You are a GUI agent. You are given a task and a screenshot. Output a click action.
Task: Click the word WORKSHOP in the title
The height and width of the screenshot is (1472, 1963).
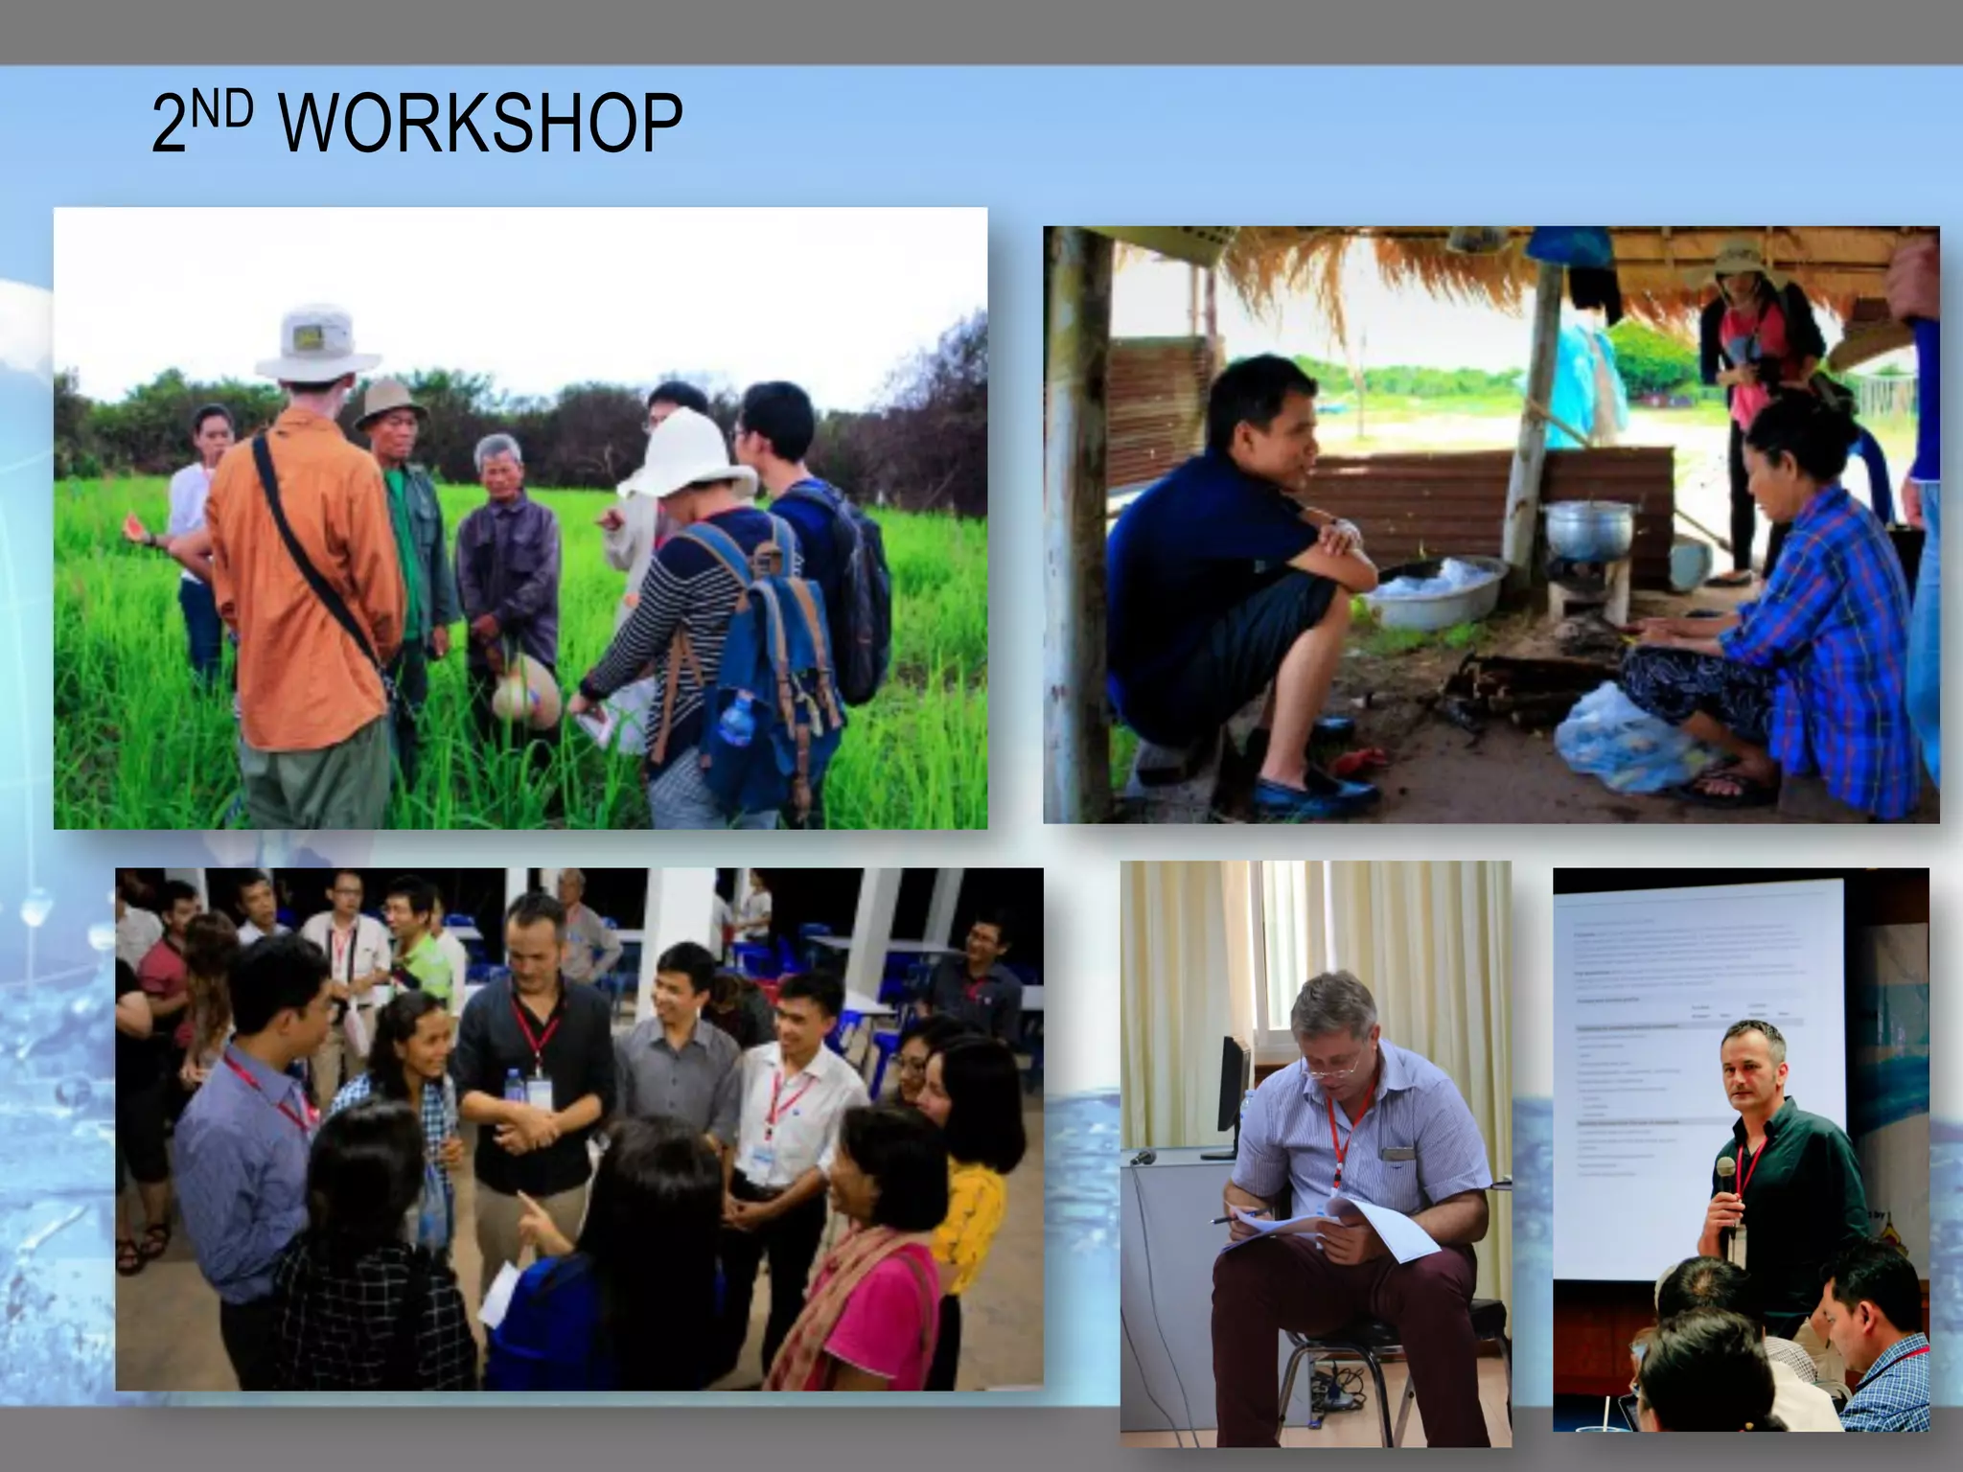[x=481, y=125]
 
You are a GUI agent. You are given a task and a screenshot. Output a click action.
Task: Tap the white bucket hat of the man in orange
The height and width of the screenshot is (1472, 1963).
[x=316, y=342]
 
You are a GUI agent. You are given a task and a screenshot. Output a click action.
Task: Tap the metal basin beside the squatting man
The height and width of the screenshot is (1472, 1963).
[x=1428, y=589]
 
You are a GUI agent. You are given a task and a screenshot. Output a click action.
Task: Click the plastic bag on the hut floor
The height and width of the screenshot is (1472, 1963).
[x=1620, y=738]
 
